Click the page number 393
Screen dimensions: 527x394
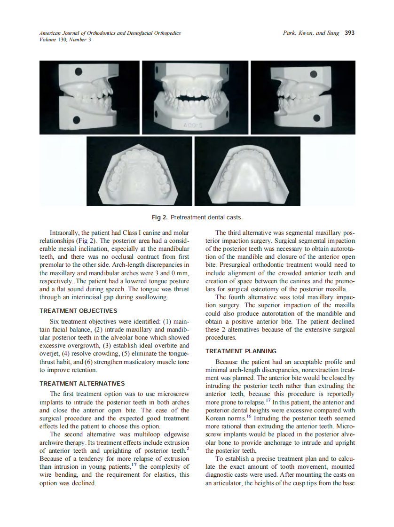point(349,33)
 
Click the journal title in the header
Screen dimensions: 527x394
point(110,33)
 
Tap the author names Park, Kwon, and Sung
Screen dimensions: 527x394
point(311,33)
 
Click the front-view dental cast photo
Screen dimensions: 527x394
point(195,98)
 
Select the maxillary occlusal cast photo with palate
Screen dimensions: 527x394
point(140,171)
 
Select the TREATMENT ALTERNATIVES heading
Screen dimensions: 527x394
point(82,383)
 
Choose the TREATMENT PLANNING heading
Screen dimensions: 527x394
point(241,351)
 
